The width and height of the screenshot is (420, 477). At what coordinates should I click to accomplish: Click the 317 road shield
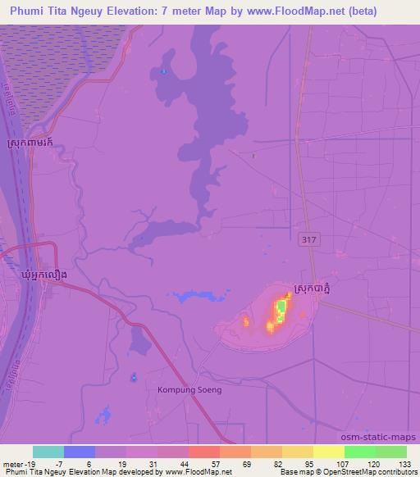tap(305, 239)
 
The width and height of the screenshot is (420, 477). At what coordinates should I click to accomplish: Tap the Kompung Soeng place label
tap(189, 390)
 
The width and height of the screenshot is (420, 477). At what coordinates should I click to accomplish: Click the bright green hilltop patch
tap(281, 309)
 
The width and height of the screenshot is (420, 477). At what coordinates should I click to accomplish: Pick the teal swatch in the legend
tap(48, 452)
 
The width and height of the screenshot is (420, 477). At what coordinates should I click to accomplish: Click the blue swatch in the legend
tap(80, 452)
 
